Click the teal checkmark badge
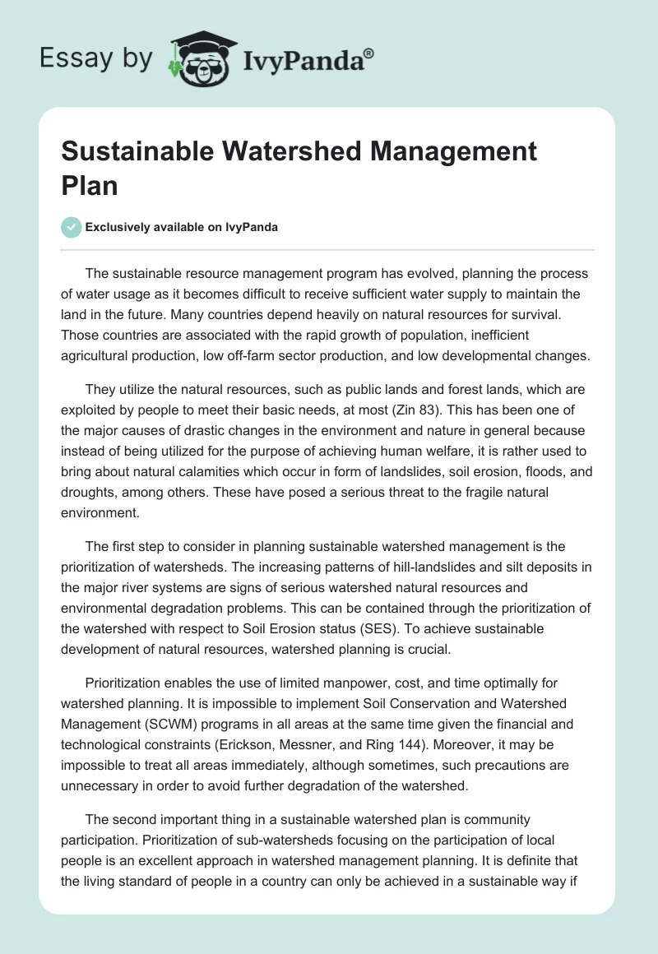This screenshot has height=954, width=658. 72,227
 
